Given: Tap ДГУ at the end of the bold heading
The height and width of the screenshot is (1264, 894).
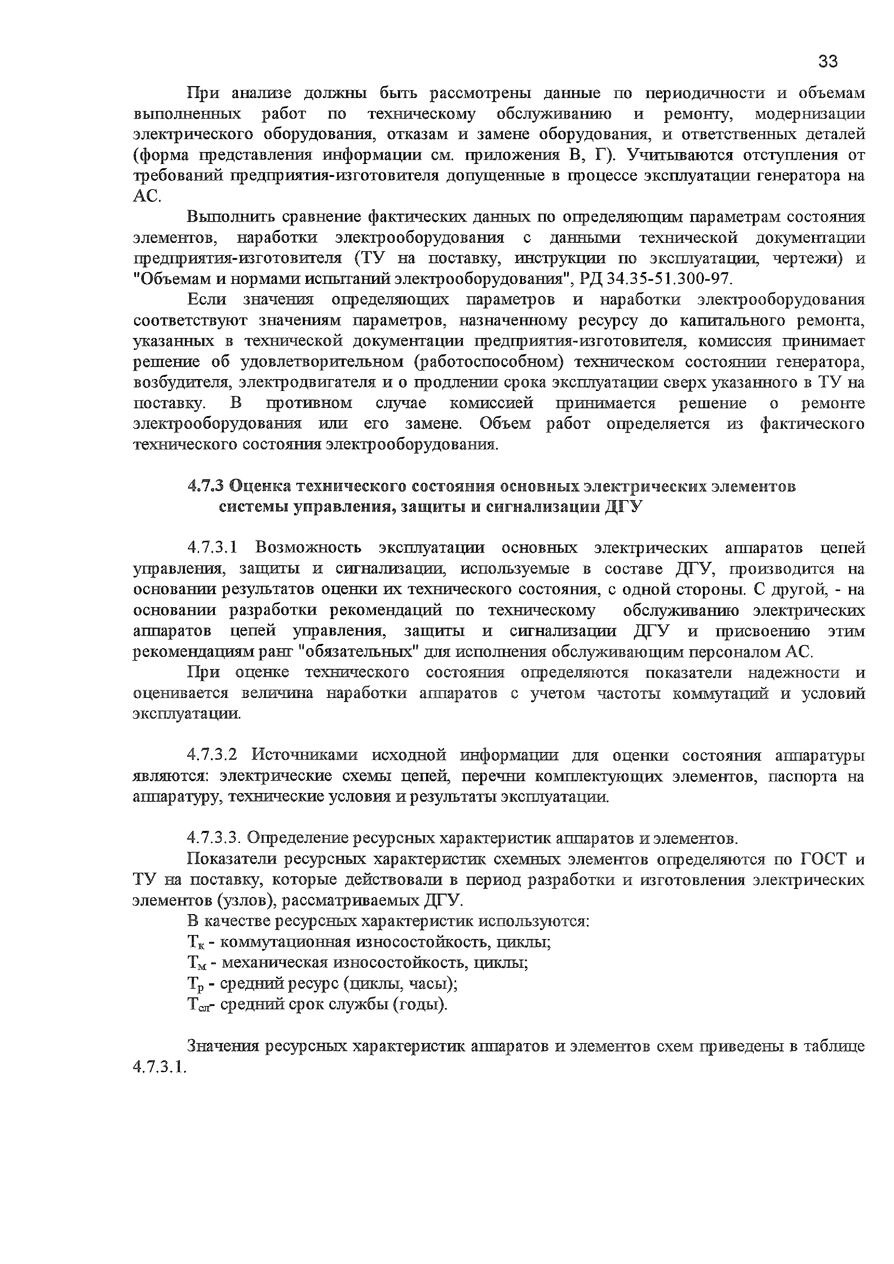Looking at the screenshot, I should click(624, 508).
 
